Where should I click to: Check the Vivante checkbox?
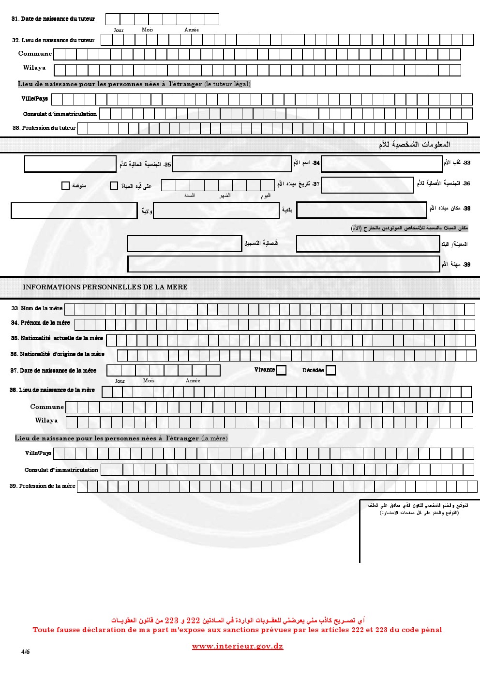[281, 370]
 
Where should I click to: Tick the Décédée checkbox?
[330, 370]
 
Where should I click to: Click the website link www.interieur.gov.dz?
[238, 646]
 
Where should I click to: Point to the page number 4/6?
[25, 651]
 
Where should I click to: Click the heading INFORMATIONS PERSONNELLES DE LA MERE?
[105, 287]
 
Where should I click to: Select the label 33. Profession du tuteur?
[44, 128]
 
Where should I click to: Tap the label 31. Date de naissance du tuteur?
[53, 19]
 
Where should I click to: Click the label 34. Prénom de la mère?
[41, 323]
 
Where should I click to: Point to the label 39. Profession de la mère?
[43, 486]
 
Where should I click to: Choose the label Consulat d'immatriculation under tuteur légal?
[60, 114]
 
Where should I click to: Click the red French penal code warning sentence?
[237, 630]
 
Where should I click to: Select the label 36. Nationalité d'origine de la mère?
[58, 354]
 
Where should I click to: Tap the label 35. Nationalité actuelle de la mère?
[57, 338]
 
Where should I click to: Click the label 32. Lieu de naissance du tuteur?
[54, 40]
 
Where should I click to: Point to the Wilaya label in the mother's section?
[46, 421]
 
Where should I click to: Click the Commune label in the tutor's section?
[35, 54]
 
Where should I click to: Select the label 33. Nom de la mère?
[37, 308]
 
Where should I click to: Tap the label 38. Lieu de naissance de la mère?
[52, 390]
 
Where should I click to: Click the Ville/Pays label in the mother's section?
[38, 453]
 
